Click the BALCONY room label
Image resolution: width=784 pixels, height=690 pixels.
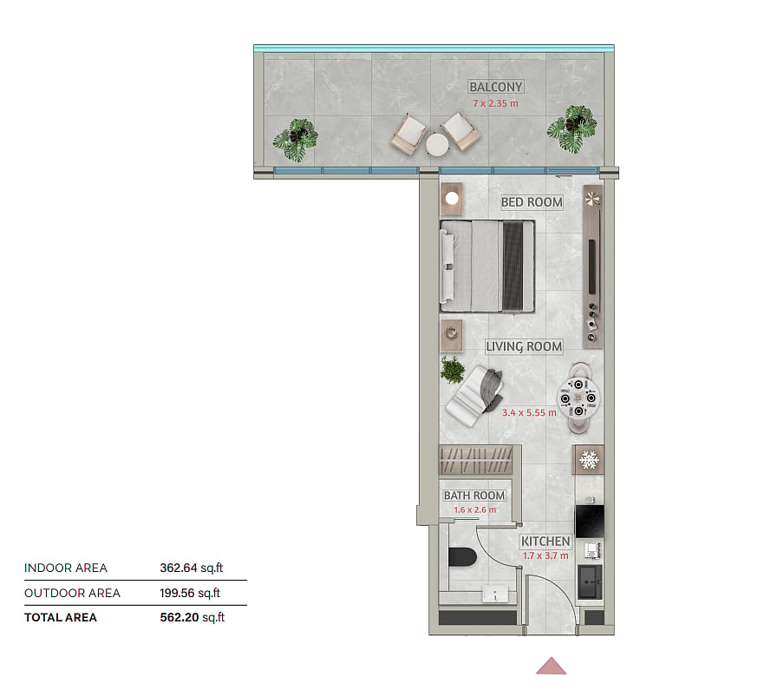click(495, 87)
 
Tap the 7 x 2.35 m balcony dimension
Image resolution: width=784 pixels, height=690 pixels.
click(495, 103)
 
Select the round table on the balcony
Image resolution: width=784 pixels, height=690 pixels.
click(437, 144)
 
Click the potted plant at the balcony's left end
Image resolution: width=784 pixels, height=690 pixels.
click(296, 140)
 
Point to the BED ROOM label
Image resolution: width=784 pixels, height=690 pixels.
click(532, 202)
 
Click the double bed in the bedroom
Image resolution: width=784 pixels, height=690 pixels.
click(487, 266)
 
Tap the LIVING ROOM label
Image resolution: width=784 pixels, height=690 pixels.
click(524, 346)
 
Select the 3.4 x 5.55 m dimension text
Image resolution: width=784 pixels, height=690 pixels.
click(529, 413)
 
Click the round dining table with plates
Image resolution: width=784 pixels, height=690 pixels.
click(578, 398)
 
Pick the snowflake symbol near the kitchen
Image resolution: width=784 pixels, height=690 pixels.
click(589, 460)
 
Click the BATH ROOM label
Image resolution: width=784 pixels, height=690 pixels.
click(474, 496)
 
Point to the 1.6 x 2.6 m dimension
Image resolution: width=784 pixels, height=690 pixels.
click(475, 509)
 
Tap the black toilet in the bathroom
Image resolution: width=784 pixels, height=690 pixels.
click(462, 557)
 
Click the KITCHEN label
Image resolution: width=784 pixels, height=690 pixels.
click(546, 542)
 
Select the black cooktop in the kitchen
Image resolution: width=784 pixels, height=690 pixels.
click(590, 521)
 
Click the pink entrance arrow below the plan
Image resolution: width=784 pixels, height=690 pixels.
click(551, 666)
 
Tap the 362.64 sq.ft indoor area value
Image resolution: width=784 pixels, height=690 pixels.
click(192, 568)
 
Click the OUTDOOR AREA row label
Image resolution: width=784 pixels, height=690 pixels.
click(73, 593)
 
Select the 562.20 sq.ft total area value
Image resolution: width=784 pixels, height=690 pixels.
click(192, 617)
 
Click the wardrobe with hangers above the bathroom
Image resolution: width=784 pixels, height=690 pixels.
click(476, 460)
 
